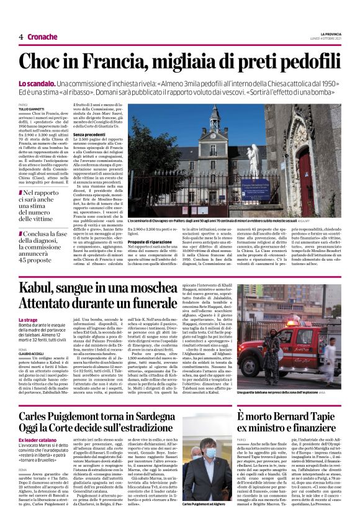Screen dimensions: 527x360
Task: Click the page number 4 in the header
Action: coord(21,37)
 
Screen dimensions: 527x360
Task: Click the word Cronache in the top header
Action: coord(41,37)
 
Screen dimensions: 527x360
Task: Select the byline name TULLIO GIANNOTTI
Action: coord(32,110)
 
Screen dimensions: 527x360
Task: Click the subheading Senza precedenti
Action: coord(88,133)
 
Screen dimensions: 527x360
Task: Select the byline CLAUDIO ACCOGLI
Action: coord(32,353)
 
